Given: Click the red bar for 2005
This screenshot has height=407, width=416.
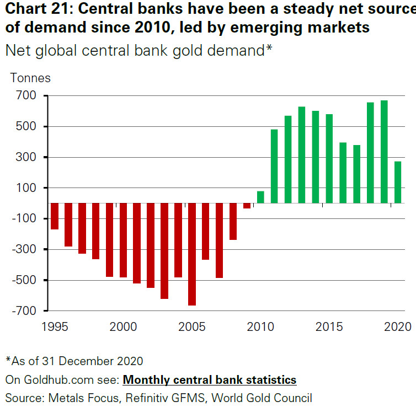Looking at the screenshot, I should pyautogui.click(x=192, y=254).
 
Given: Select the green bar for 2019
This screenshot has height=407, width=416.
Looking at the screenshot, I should pyautogui.click(x=384, y=152).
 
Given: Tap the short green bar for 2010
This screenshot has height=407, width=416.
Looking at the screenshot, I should pyautogui.click(x=260, y=197).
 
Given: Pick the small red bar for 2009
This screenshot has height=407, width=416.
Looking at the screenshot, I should pyautogui.click(x=247, y=206).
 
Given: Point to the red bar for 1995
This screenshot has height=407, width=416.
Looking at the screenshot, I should pyautogui.click(x=55, y=216).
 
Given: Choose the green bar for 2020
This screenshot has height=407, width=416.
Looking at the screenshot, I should pyautogui.click(x=398, y=182).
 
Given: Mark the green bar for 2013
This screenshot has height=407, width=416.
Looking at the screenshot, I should pyautogui.click(x=302, y=154).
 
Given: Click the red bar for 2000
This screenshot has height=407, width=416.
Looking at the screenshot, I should pyautogui.click(x=123, y=240).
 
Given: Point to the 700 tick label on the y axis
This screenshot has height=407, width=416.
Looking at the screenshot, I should pyautogui.click(x=25, y=96).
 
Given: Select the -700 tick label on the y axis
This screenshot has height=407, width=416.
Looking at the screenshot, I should pyautogui.click(x=23, y=311).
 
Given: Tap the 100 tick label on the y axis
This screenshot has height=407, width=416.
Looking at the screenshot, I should pyautogui.click(x=25, y=188).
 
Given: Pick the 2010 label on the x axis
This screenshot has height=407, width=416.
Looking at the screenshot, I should pyautogui.click(x=260, y=326).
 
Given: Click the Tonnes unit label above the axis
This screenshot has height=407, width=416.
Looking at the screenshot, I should pyautogui.click(x=30, y=78).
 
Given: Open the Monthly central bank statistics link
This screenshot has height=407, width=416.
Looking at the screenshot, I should pyautogui.click(x=209, y=380).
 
